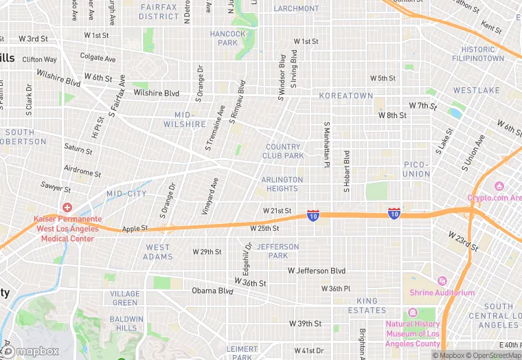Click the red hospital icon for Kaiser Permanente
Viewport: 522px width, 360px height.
pyautogui.click(x=67, y=207)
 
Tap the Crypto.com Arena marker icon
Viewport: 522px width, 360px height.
pyautogui.click(x=499, y=187)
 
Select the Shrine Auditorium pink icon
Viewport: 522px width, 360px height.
pyautogui.click(x=442, y=281)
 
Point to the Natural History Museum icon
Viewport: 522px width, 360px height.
pyautogui.click(x=412, y=313)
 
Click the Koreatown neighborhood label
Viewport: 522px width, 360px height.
pyautogui.click(x=346, y=95)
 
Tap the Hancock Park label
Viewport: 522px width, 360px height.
pyautogui.click(x=227, y=38)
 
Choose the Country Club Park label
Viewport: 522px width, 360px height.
pyautogui.click(x=283, y=151)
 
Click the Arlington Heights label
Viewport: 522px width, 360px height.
pyautogui.click(x=282, y=183)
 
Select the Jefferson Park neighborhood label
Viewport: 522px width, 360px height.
pyautogui.click(x=278, y=251)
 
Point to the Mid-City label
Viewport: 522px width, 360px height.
pyautogui.click(x=126, y=194)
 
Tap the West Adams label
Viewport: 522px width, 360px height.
pyautogui.click(x=158, y=251)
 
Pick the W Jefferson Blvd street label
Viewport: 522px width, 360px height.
pyautogui.click(x=317, y=271)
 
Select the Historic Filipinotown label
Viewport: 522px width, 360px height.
pyautogui.click(x=478, y=54)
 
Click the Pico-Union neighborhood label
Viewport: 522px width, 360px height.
pyautogui.click(x=416, y=169)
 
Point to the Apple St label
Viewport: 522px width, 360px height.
pyautogui.click(x=135, y=228)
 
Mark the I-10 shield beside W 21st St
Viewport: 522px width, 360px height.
pyautogui.click(x=313, y=215)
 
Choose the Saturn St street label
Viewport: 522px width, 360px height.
pyautogui.click(x=78, y=148)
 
